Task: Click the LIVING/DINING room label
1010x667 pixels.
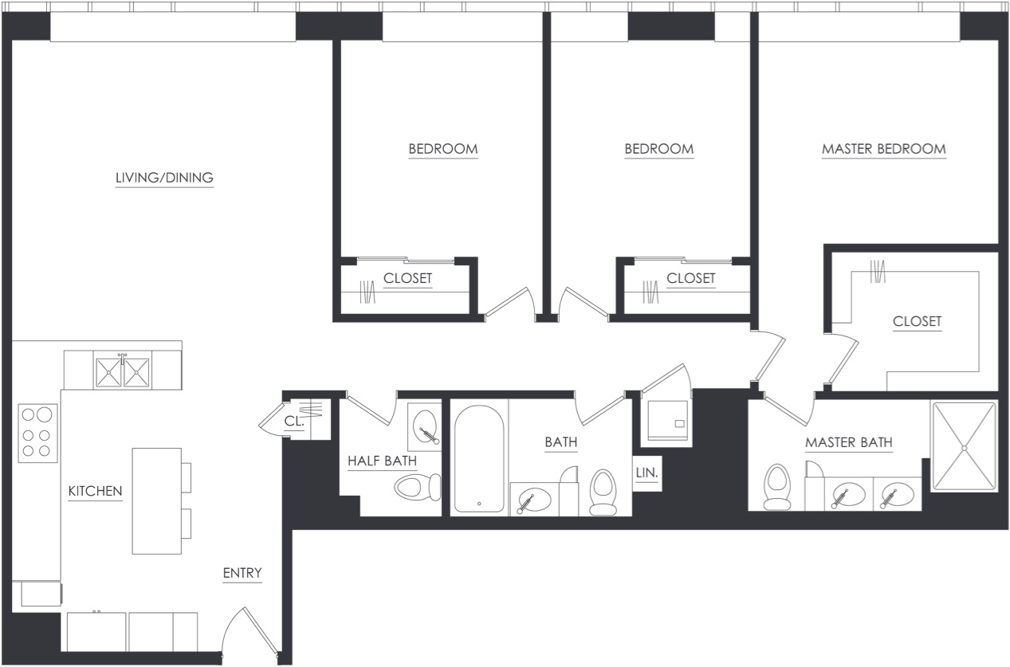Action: coord(164,178)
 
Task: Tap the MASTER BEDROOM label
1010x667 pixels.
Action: coord(883,149)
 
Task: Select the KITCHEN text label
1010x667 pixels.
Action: coord(95,491)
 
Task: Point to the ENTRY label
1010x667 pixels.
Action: coord(242,573)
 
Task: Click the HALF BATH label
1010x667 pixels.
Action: coord(381,461)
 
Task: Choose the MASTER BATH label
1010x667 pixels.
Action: coord(848,443)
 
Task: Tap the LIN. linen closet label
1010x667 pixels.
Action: coord(646,473)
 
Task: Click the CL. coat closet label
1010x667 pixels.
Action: coord(294,422)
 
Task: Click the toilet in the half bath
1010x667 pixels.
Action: coord(417,486)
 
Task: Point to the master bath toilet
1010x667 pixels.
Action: coord(776,486)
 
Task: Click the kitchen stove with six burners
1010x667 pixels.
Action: coord(37,434)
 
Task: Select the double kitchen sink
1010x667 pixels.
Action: coord(123,370)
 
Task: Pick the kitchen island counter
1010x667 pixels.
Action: coord(156,500)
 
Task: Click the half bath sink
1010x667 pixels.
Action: coord(426,424)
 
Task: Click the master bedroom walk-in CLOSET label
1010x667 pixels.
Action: coord(917,322)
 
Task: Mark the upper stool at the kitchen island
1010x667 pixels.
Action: coord(187,477)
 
